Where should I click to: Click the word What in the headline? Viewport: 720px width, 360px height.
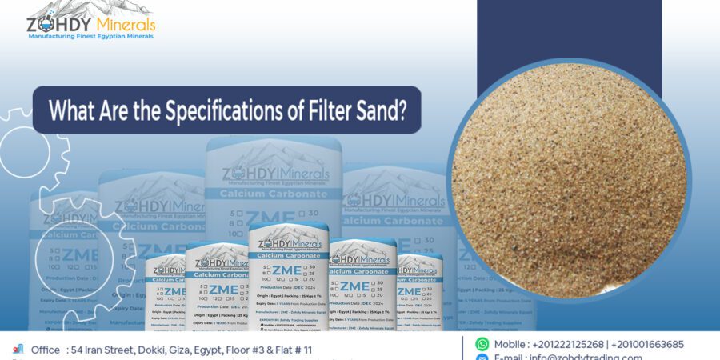[x=74, y=110]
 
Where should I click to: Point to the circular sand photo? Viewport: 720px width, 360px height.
[x=570, y=180]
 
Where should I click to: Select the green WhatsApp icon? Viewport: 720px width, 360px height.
[x=482, y=344]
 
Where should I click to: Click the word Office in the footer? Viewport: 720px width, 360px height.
[x=46, y=350]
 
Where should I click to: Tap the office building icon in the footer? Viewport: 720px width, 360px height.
[x=18, y=350]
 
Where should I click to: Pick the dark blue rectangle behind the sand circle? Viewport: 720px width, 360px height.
[x=569, y=32]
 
